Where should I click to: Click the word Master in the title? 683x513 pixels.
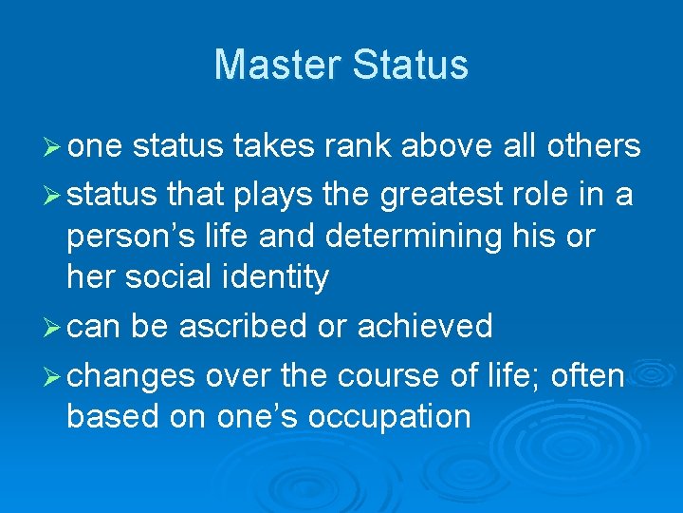point(278,66)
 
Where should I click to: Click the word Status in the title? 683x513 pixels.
point(410,66)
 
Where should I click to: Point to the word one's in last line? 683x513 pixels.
point(249,417)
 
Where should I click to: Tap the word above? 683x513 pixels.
point(446,146)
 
